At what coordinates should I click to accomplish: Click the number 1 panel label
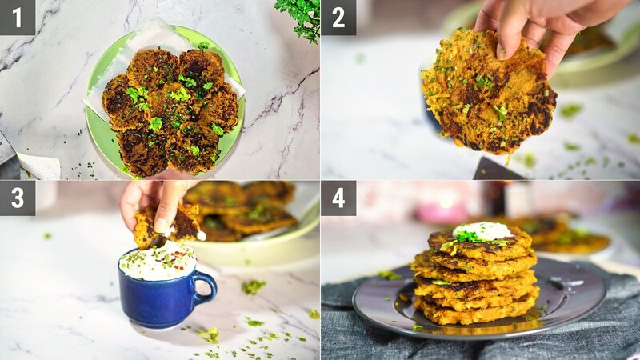(x=17, y=17)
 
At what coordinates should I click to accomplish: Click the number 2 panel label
(x=338, y=17)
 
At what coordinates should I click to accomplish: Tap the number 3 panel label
(x=17, y=198)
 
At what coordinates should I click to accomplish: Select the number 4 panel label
(x=338, y=198)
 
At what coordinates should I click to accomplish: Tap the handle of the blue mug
(x=206, y=289)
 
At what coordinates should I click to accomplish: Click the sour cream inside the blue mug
(x=158, y=262)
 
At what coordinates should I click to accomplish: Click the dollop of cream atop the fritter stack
(x=482, y=231)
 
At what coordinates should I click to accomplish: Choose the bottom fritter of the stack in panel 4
(x=476, y=313)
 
